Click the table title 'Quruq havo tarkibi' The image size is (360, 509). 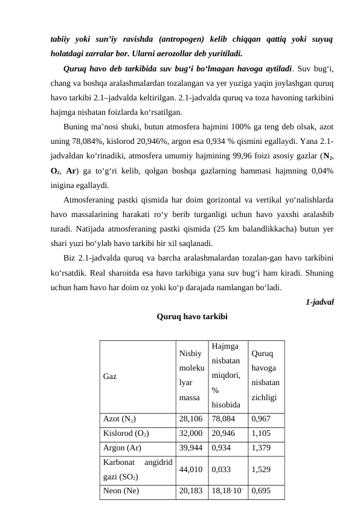click(192, 316)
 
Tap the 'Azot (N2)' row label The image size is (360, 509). click(119, 418)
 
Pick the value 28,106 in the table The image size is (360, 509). click(191, 418)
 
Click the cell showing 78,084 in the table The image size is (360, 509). click(223, 418)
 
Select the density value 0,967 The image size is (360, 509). click(261, 418)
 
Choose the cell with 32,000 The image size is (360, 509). click(191, 433)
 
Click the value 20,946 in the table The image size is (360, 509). click(223, 433)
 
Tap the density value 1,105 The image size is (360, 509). click(261, 433)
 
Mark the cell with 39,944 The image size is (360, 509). click(191, 447)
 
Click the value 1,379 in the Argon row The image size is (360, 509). click(261, 447)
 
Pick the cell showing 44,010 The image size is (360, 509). click(191, 468)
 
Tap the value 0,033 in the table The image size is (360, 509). click(221, 468)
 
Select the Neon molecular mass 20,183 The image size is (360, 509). click(191, 490)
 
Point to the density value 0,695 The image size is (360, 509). click(261, 490)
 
